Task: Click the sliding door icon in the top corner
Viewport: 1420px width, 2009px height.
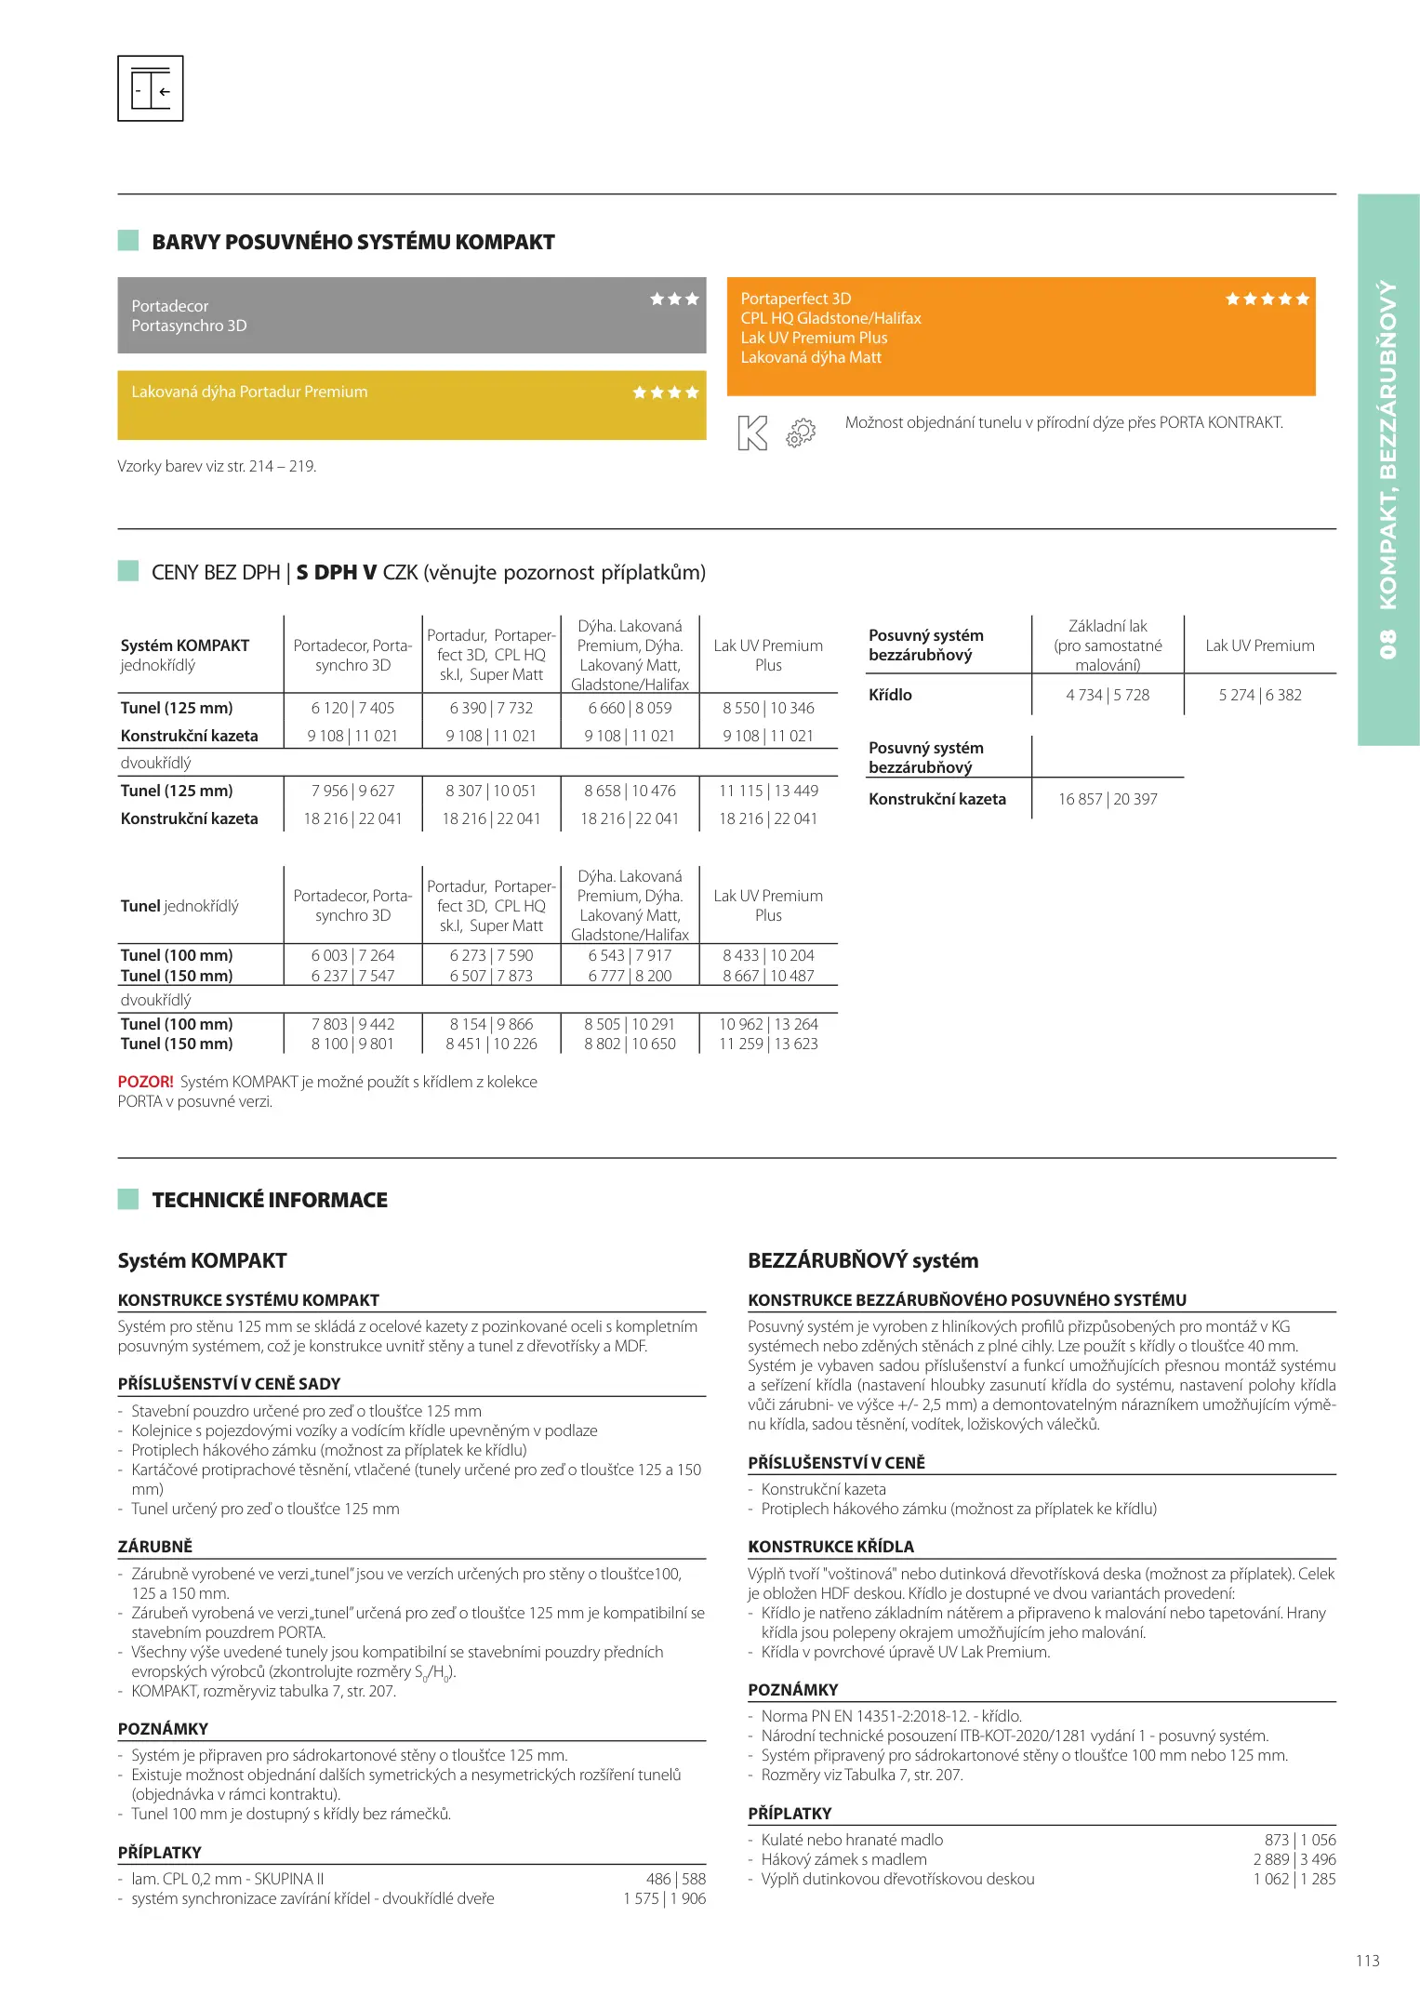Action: pyautogui.click(x=151, y=88)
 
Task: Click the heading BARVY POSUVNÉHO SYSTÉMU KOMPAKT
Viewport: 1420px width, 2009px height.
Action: pyautogui.click(x=352, y=243)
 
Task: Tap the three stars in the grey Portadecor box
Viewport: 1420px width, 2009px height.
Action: pyautogui.click(x=674, y=299)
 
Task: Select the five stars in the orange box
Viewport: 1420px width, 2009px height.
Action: pyautogui.click(x=1267, y=299)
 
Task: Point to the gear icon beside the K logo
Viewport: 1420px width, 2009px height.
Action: pyautogui.click(x=801, y=432)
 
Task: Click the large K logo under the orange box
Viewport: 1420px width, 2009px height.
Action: pyautogui.click(x=752, y=433)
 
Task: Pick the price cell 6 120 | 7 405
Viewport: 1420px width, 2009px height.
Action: pyautogui.click(x=352, y=708)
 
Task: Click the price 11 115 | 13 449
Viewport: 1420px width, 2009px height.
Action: pyautogui.click(x=768, y=791)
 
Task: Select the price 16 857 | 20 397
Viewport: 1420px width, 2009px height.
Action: pyautogui.click(x=1108, y=799)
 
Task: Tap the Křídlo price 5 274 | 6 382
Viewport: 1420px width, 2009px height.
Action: pyautogui.click(x=1260, y=695)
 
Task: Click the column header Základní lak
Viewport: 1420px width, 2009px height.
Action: pyautogui.click(x=1108, y=626)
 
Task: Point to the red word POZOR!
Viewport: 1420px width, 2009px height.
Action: pyautogui.click(x=145, y=1082)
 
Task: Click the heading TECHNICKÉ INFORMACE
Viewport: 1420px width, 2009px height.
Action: pyautogui.click(x=270, y=1200)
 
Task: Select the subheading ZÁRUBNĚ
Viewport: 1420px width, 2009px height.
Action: pyautogui.click(x=155, y=1546)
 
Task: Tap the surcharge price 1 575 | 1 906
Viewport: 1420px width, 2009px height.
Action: pyautogui.click(x=664, y=1898)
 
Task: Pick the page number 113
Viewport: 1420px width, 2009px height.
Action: pyautogui.click(x=1367, y=1961)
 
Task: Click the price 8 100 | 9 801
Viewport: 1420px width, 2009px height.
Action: pyautogui.click(x=352, y=1044)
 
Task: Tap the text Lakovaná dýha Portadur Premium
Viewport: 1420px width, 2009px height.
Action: pyautogui.click(x=249, y=392)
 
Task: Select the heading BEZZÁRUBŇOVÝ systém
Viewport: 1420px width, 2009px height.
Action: pyautogui.click(x=863, y=1261)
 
